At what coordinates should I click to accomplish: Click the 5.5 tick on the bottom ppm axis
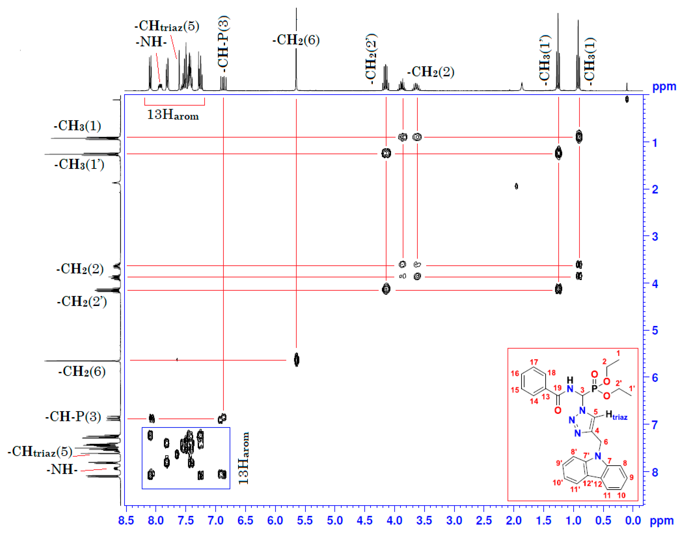(x=305, y=520)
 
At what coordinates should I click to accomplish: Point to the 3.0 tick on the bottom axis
(x=454, y=520)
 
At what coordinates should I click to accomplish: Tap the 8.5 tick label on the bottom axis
(x=126, y=520)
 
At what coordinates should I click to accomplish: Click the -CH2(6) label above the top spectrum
(x=296, y=40)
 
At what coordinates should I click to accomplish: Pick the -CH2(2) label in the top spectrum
(x=430, y=72)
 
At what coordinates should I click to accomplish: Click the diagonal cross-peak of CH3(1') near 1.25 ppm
(x=558, y=153)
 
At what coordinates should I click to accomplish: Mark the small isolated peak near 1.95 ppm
(x=516, y=186)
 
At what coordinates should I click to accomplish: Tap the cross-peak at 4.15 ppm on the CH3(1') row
(x=386, y=153)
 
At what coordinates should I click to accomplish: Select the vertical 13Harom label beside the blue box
(x=244, y=458)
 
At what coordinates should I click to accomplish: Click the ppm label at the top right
(x=664, y=87)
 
